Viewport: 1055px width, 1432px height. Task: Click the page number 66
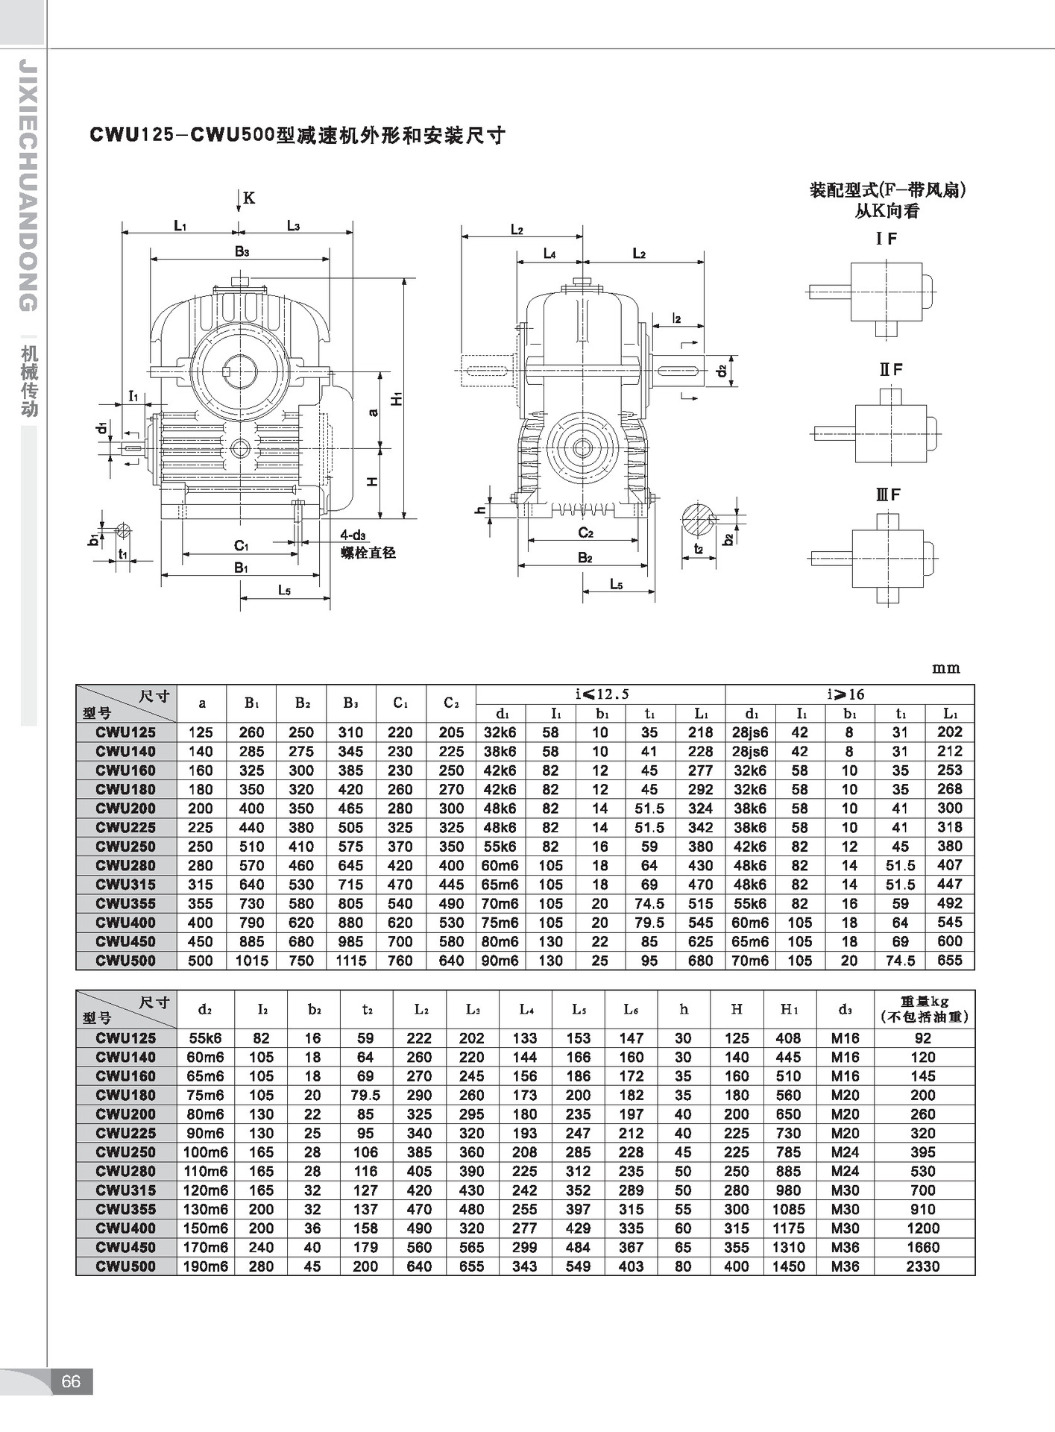coord(71,1382)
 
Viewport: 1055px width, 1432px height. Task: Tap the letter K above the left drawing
coord(249,198)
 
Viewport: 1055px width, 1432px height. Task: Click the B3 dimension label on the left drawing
coord(242,252)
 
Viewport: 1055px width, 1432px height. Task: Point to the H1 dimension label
coord(397,398)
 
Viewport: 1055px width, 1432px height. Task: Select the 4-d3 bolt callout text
coord(353,535)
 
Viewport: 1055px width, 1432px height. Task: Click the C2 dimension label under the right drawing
coord(585,533)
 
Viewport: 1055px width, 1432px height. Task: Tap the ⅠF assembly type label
coord(886,239)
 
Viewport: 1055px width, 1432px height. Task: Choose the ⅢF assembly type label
coord(888,494)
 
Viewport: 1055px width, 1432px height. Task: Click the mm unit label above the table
coord(945,668)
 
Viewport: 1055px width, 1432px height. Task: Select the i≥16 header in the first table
coord(846,694)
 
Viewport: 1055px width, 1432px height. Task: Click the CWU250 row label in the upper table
coord(125,847)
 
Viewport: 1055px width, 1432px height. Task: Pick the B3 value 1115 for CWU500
coord(350,961)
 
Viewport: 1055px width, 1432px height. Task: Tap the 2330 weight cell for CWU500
coord(922,1266)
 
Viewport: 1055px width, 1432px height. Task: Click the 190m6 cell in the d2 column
coord(206,1266)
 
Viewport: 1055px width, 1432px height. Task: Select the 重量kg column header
coord(924,1009)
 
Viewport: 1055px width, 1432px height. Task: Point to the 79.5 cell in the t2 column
coord(365,1095)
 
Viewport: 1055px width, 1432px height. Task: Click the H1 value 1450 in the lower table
coord(788,1266)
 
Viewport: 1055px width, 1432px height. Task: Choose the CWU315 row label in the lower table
coord(125,1190)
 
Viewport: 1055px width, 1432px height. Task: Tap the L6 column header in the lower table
coord(631,1009)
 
